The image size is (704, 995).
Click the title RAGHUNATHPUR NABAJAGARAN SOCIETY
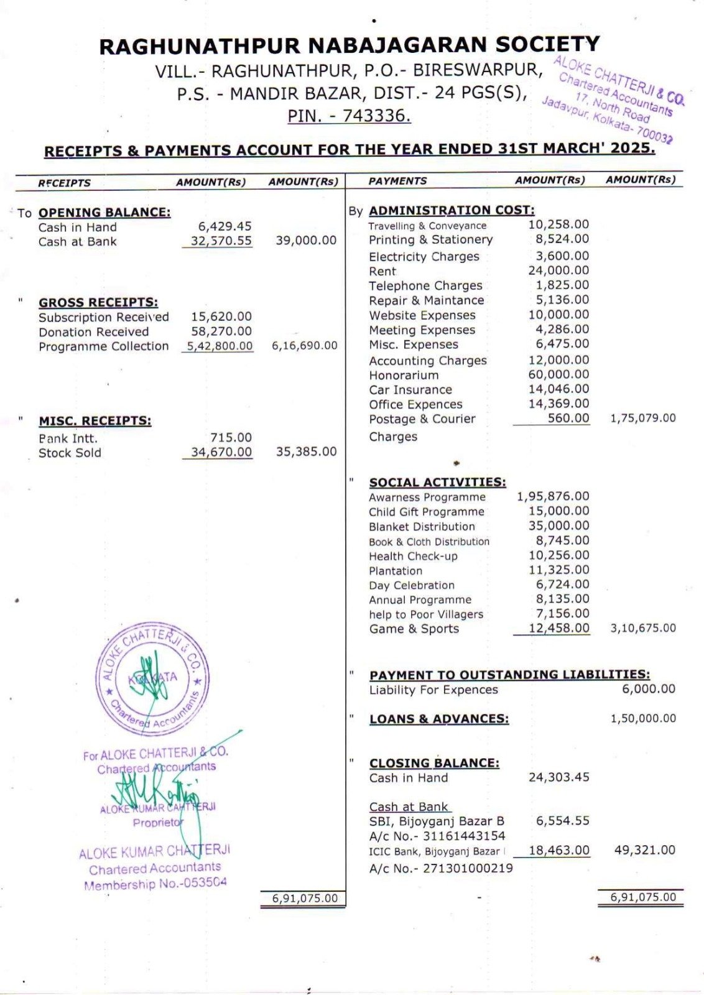coord(350,45)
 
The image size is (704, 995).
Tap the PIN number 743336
coord(376,116)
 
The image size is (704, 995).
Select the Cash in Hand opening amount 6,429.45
coord(225,226)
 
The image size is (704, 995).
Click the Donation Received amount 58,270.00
coord(221,331)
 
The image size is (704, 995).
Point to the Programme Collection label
coord(103,346)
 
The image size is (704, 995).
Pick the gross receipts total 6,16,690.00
coord(304,346)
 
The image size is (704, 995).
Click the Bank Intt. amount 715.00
coord(231,438)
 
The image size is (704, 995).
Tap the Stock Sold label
coord(70,453)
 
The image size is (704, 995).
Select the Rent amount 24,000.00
coord(558,271)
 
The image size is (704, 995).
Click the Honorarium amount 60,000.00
coord(558,374)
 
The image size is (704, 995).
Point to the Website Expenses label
coord(422,315)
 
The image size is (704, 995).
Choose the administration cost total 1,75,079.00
coord(642,418)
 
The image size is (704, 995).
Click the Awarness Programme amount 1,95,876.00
coord(552,496)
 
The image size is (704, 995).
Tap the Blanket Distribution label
coord(422,527)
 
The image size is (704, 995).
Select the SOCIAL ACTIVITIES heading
coord(437,482)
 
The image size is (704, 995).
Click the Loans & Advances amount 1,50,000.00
coord(642,718)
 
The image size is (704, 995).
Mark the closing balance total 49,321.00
coord(644,850)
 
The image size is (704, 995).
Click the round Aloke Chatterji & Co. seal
coord(152,678)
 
